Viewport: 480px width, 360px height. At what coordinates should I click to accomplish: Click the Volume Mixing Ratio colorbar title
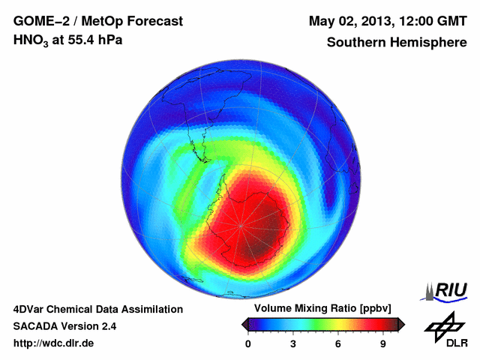(x=319, y=309)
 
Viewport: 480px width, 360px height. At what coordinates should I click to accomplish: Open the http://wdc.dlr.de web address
(x=54, y=343)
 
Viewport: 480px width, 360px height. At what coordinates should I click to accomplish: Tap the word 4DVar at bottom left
(x=29, y=309)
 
